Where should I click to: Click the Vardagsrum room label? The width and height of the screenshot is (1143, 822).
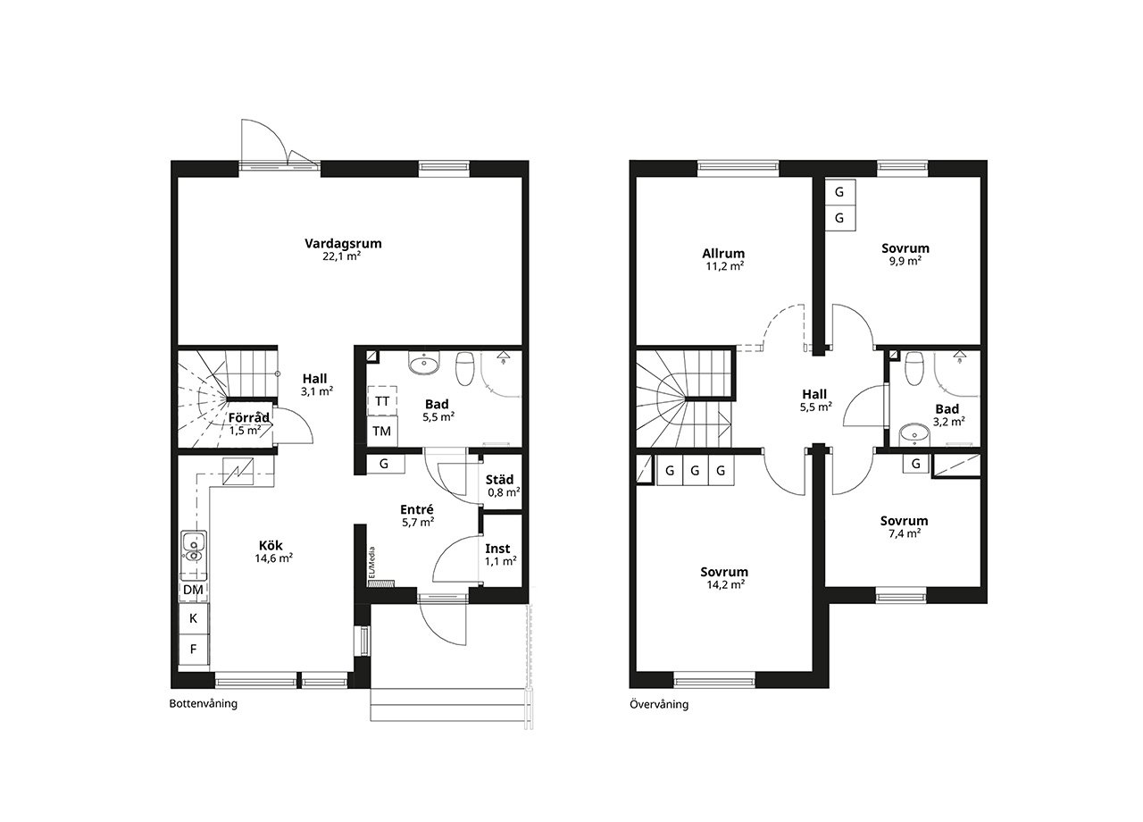343,244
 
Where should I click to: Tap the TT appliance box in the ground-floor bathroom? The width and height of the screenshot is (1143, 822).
382,401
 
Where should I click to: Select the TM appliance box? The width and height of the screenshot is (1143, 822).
382,432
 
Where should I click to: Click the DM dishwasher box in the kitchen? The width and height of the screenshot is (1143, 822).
194,590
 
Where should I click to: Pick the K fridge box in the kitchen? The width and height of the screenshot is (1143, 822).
194,618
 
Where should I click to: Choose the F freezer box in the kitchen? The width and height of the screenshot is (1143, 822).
194,649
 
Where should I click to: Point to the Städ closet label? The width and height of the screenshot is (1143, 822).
499,480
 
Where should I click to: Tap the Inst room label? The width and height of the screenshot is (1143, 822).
497,549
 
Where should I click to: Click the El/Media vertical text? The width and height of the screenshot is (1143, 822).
372,563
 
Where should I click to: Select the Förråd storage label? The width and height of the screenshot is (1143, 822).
249,417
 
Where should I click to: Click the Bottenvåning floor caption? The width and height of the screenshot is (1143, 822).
203,703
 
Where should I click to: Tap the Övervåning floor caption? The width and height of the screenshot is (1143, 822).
659,705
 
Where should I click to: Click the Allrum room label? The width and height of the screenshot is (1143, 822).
723,253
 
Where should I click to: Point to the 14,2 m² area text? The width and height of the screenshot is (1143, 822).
725,584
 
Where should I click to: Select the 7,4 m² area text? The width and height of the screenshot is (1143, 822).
904,533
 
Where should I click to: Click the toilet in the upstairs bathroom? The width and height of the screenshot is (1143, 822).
914,369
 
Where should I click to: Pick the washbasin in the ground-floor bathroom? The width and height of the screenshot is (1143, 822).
423,364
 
